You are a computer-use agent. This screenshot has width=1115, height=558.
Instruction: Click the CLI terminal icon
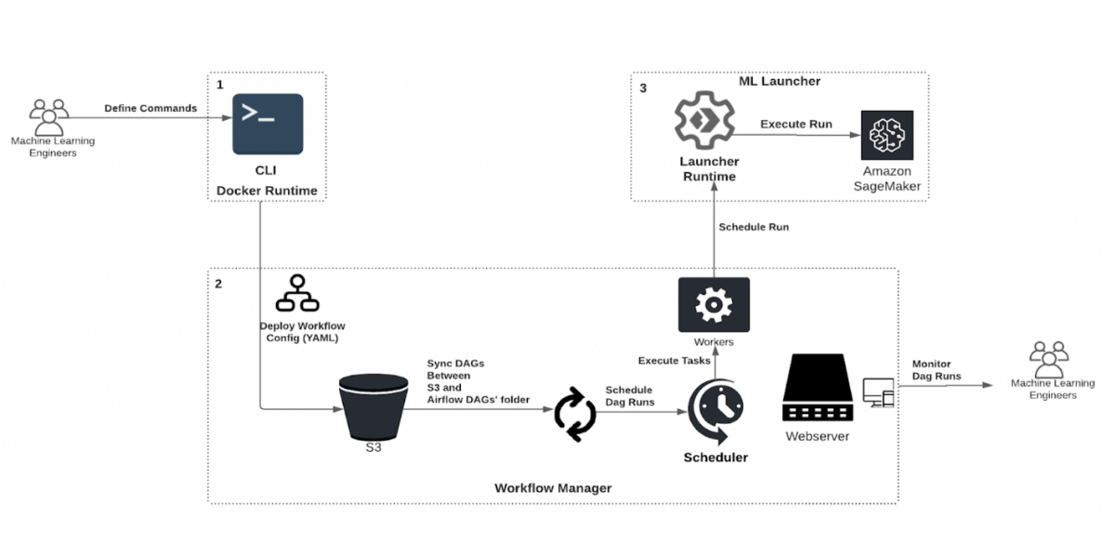click(x=268, y=124)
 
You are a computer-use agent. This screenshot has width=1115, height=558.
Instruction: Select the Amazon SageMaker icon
click(x=886, y=136)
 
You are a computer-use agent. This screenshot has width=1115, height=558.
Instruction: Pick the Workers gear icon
click(x=714, y=304)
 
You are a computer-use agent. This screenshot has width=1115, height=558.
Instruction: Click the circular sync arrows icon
click(x=575, y=415)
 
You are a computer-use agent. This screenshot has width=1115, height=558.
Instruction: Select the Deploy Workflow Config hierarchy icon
click(x=298, y=293)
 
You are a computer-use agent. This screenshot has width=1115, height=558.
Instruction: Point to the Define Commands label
click(x=151, y=108)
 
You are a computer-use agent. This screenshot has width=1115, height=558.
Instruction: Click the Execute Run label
click(x=796, y=124)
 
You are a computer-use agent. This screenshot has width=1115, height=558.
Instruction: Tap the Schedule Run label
click(x=754, y=227)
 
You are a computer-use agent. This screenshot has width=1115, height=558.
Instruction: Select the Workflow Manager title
click(x=553, y=487)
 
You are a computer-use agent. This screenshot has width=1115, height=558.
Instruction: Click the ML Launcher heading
click(x=786, y=81)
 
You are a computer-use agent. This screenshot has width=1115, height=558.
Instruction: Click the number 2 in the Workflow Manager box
click(x=218, y=284)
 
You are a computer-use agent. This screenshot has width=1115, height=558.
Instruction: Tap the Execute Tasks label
click(x=674, y=360)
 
